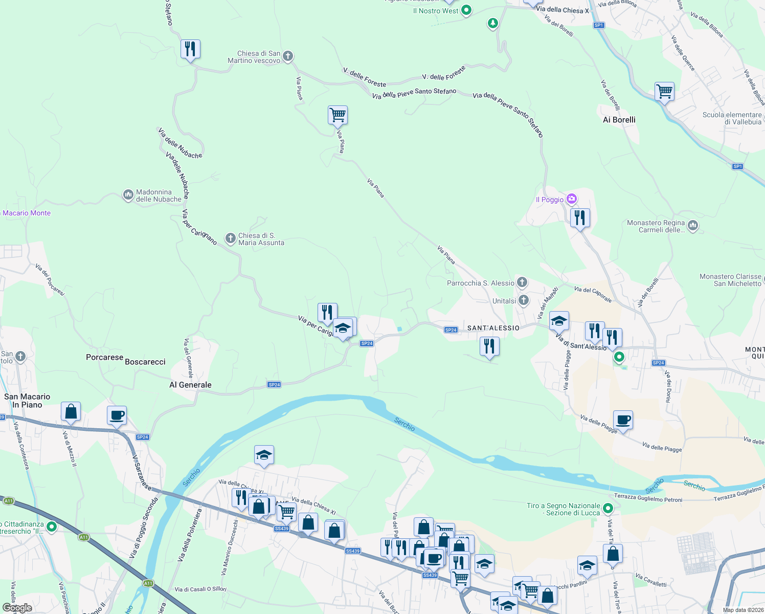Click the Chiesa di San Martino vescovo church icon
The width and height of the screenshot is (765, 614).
288,56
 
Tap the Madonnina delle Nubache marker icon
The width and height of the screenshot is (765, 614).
128,195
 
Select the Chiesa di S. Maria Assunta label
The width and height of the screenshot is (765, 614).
261,239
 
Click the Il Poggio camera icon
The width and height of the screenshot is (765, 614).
572,199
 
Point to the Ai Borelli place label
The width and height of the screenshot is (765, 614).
619,120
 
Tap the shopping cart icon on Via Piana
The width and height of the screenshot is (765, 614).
337,115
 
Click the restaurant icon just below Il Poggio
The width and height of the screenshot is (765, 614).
580,218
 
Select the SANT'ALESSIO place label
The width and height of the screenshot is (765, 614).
493,328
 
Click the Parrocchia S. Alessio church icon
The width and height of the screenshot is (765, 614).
522,282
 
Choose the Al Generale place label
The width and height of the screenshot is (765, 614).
190,385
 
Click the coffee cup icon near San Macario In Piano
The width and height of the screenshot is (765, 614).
117,415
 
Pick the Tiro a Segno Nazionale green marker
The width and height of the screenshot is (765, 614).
607,508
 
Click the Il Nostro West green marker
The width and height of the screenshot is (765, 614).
466,10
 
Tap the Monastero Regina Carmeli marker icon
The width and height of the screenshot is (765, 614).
693,225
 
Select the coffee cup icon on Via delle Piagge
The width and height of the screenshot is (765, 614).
623,420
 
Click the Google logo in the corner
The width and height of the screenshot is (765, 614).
17,608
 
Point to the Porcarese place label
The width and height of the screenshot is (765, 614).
104,357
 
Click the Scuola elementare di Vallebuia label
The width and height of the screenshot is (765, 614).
732,118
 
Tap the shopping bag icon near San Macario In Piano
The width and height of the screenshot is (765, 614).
71,411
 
